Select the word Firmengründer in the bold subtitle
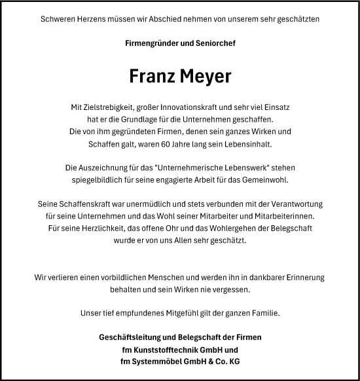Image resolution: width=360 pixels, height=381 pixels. pos(153,43)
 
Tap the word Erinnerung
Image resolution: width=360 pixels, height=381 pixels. pos(300,277)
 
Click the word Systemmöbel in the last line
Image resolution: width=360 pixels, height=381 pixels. pos(155,361)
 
